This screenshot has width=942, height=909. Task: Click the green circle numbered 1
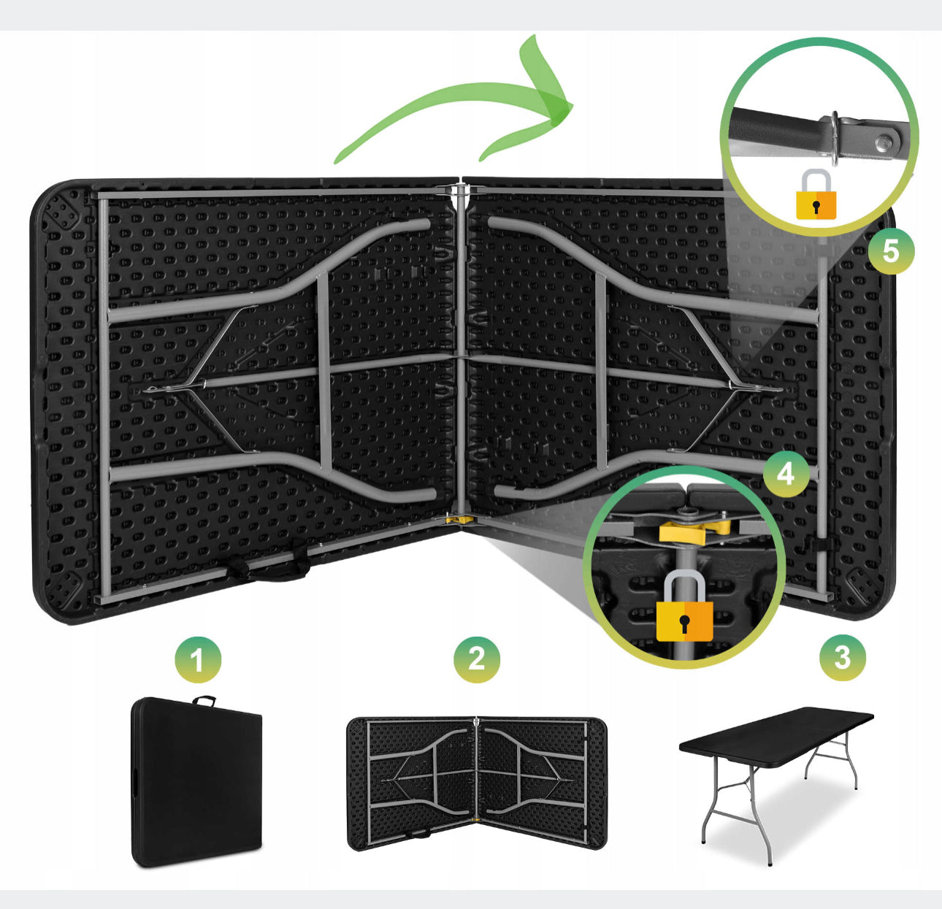coord(198,659)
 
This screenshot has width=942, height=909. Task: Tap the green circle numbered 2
coord(477,659)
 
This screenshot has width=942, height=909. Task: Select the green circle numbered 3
coord(843,657)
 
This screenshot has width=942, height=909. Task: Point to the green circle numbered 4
coord(786,474)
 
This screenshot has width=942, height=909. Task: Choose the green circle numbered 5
coord(891,251)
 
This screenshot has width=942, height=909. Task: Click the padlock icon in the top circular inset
coord(816,194)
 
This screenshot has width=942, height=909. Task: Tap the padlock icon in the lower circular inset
coord(684,606)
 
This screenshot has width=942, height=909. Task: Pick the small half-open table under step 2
coord(477,783)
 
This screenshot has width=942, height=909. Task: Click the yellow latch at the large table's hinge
coord(459,519)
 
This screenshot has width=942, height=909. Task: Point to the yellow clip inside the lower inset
coord(694,531)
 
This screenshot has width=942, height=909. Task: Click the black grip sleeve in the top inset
coord(778,128)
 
